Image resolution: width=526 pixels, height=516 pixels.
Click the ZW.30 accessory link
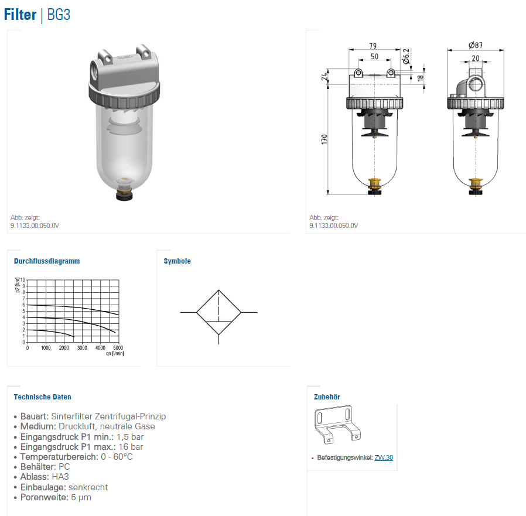click(x=384, y=457)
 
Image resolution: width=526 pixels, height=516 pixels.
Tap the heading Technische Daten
click(x=42, y=397)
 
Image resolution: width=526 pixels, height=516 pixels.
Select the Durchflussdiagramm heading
click(x=47, y=261)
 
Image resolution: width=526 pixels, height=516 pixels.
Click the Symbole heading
click(x=177, y=261)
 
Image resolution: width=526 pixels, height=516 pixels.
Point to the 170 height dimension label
click(x=324, y=139)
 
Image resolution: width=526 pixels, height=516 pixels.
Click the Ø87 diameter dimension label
click(x=476, y=45)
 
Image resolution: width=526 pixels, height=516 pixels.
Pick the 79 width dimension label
click(x=373, y=46)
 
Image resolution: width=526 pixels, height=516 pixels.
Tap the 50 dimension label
click(x=374, y=56)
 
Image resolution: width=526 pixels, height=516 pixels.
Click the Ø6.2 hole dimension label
click(x=406, y=56)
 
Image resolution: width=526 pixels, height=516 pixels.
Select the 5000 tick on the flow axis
click(x=118, y=347)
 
